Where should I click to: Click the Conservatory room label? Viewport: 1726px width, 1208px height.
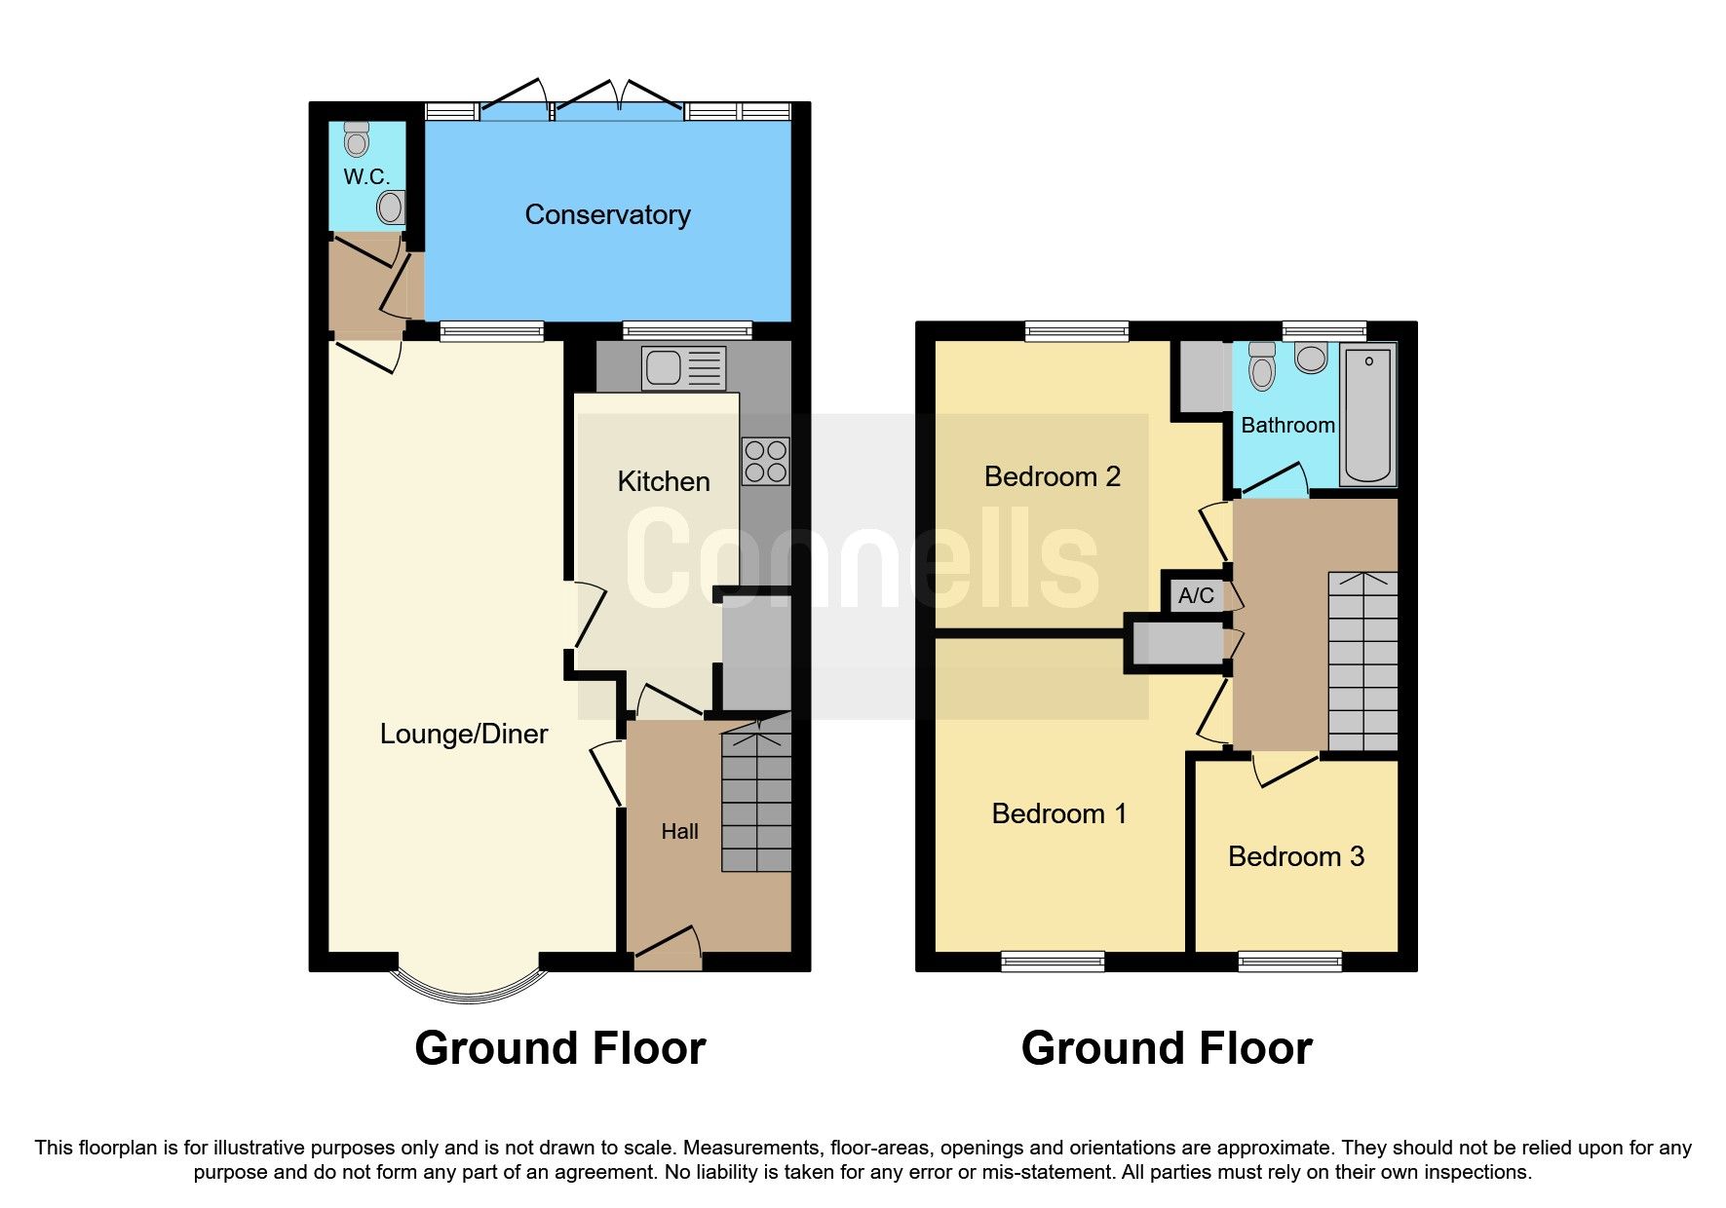click(x=607, y=215)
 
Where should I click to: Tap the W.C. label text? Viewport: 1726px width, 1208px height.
click(x=366, y=177)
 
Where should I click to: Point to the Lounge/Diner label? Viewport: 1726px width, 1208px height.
click(x=464, y=734)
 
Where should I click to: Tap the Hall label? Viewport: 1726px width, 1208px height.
click(x=679, y=831)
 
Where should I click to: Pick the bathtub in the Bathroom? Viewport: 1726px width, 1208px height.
click(x=1368, y=415)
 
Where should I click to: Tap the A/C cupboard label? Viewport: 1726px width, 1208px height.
click(x=1196, y=595)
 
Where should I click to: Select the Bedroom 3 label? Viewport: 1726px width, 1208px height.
click(x=1295, y=856)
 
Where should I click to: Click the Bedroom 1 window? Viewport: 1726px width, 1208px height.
click(x=1053, y=963)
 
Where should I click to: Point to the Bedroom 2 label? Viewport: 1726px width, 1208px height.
click(x=1052, y=476)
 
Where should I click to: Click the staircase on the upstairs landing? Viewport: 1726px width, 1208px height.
click(x=1362, y=662)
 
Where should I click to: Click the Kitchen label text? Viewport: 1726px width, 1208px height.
click(x=663, y=481)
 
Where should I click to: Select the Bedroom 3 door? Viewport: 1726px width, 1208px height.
click(x=1285, y=769)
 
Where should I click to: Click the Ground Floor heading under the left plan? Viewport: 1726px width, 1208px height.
click(x=559, y=1048)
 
